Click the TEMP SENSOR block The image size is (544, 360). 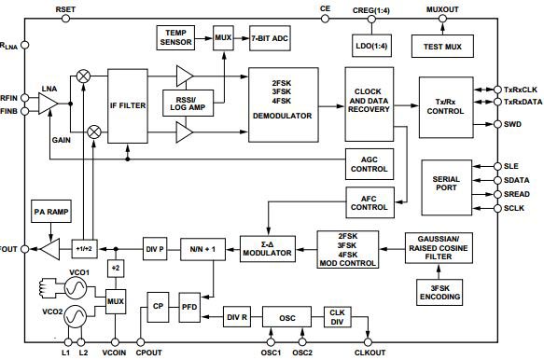(176, 37)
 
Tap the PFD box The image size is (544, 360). (189, 305)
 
